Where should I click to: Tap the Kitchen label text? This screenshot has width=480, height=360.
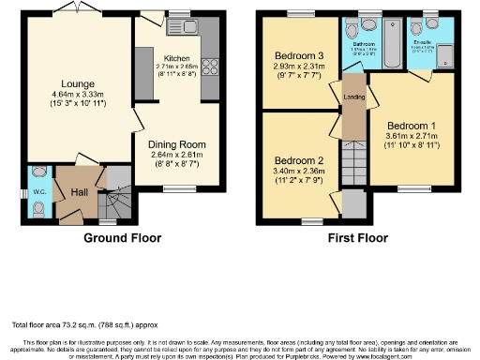pos(176,57)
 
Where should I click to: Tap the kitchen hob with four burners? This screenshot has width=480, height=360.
pos(209,67)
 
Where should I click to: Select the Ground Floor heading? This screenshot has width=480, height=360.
pos(122,238)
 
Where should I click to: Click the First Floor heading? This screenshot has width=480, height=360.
pos(357,238)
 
